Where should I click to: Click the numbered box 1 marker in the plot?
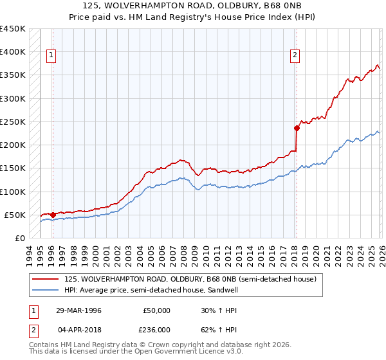[x=51, y=56]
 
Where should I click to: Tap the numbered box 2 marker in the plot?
[x=295, y=56]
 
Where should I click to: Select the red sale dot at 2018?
[x=297, y=128]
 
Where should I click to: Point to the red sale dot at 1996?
[x=52, y=215]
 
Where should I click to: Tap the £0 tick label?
[x=19, y=238]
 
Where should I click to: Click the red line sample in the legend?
[x=45, y=280]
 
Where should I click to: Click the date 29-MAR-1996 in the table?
[x=78, y=310]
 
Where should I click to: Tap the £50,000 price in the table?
[x=157, y=310]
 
